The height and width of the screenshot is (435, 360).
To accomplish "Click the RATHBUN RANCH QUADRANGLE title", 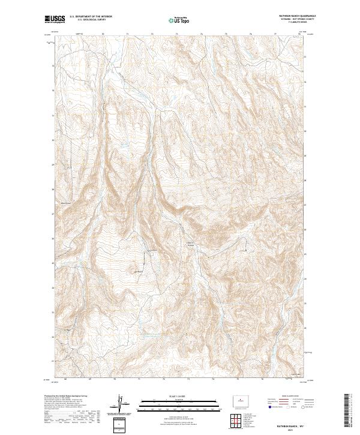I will [288, 17].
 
